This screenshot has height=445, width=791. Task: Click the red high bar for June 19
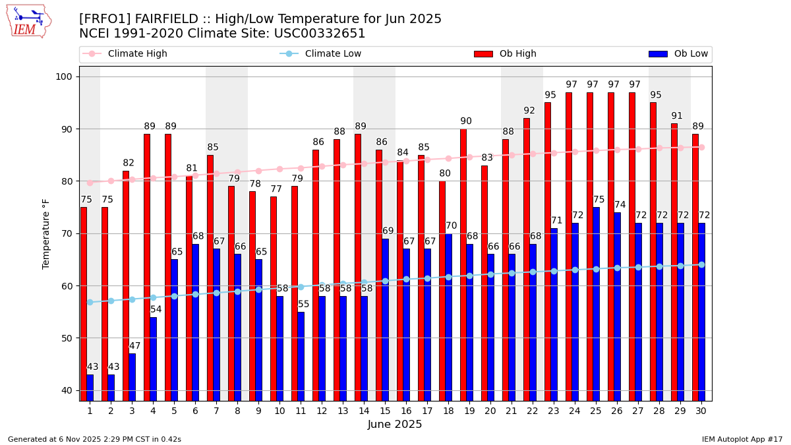coord(463,264)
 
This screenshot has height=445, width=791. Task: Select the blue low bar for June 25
coord(597,303)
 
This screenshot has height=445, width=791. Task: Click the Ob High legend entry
coord(505,54)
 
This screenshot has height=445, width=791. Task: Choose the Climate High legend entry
coord(125,54)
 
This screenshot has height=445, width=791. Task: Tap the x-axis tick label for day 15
coord(385,411)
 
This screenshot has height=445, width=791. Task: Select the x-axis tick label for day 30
coord(701,411)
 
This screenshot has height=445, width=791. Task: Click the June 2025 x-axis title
coord(395,425)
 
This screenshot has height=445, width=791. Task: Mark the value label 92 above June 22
coord(529,111)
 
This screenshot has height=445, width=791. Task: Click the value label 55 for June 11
coord(304,305)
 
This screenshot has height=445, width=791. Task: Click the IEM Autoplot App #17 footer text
coord(742,439)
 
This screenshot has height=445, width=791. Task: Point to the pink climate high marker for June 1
coord(90,183)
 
